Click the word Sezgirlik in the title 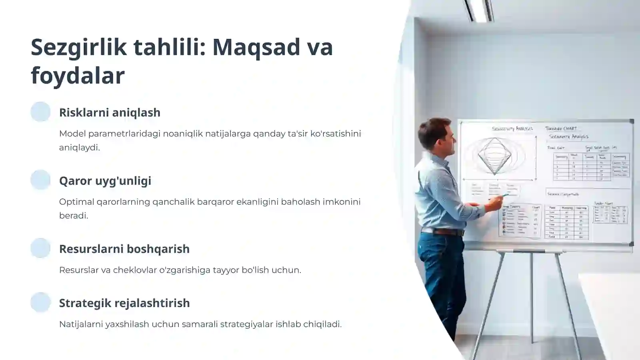pos(79,47)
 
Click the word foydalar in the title pos(78,76)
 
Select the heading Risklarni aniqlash pos(110,112)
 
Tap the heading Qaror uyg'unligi pos(105,181)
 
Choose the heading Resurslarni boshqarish pos(124,249)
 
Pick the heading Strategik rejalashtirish pos(124,303)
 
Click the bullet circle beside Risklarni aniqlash pos(40,112)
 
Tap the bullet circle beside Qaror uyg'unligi pos(40,180)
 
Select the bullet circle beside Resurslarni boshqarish pos(40,248)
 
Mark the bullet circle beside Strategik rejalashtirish pos(40,302)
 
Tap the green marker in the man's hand pos(505,196)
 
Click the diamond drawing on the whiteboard pos(495,156)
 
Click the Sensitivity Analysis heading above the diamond pos(512,129)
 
